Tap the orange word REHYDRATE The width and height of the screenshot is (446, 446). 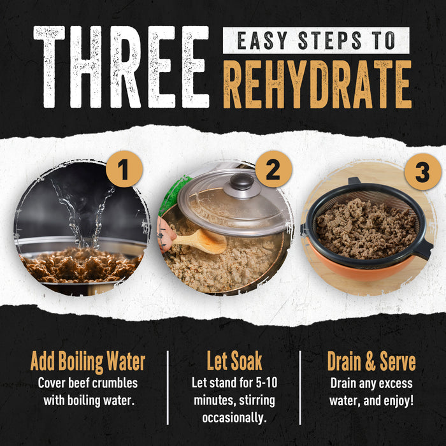coord(317,84)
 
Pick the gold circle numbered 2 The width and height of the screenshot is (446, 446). coord(273,170)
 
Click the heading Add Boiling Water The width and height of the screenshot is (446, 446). coord(87,361)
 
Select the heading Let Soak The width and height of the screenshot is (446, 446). coord(234,361)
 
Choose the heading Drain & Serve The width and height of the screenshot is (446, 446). coord(371,361)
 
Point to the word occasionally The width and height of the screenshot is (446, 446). coord(234,418)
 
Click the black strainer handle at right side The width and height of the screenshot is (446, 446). coord(421,248)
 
